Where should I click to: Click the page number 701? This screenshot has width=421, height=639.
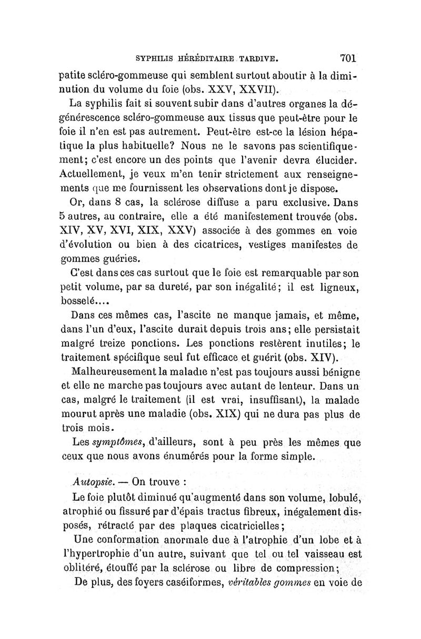349,56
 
